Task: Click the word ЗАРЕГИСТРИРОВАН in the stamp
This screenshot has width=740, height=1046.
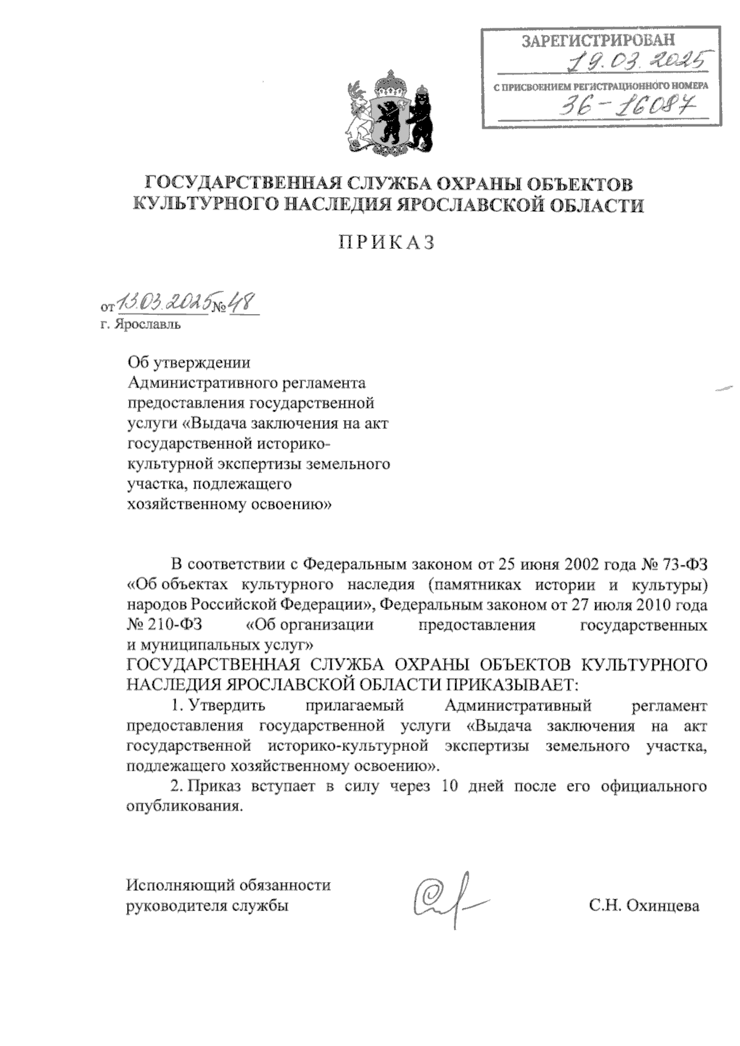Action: (x=598, y=41)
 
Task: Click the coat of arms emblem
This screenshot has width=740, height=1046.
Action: (x=386, y=115)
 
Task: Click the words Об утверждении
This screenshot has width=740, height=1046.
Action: (x=189, y=363)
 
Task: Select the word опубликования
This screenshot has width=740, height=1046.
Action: (x=182, y=806)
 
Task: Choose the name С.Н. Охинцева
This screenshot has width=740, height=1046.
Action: (x=644, y=906)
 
